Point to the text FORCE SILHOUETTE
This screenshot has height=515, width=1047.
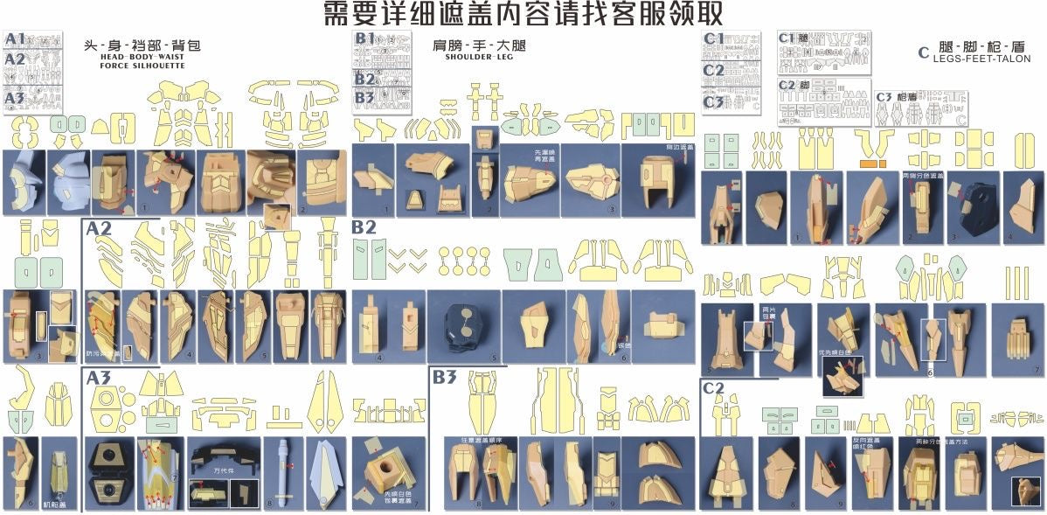pyautogui.click(x=142, y=66)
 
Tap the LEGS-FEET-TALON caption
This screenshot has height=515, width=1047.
pyautogui.click(x=981, y=59)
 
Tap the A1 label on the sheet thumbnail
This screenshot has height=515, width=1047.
pyautogui.click(x=15, y=39)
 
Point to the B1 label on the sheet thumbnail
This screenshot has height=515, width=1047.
pyautogui.click(x=364, y=38)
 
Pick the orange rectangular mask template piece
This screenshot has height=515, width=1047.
pyautogui.click(x=873, y=164)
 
